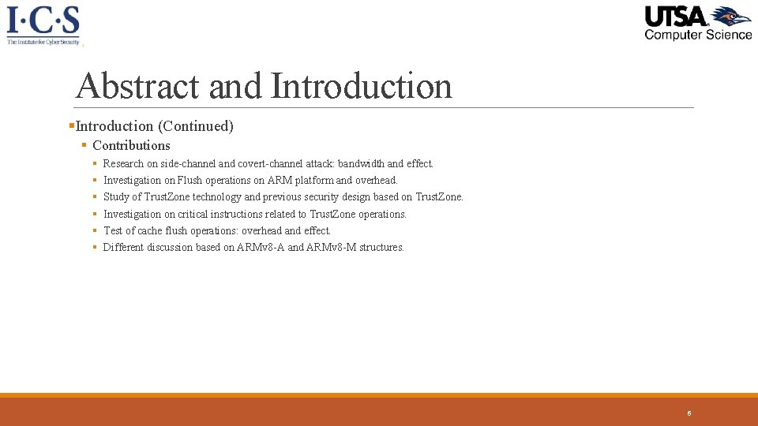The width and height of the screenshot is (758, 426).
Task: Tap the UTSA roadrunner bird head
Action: [x=730, y=17]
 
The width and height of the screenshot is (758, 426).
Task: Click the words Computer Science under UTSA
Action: [x=698, y=35]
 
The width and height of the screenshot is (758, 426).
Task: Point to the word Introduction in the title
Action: [x=362, y=86]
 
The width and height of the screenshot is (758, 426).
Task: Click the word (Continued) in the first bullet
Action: [x=195, y=126]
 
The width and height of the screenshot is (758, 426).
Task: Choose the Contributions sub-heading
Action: [x=131, y=145]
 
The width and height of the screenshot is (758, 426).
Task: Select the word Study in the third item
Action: [x=116, y=197]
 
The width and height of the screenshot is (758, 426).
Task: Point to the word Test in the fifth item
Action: [x=114, y=230]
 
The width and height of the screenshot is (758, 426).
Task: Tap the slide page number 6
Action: [x=689, y=413]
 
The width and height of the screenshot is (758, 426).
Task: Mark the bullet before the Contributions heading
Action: [x=84, y=145]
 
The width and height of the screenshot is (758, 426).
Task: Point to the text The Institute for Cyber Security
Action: [x=43, y=41]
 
